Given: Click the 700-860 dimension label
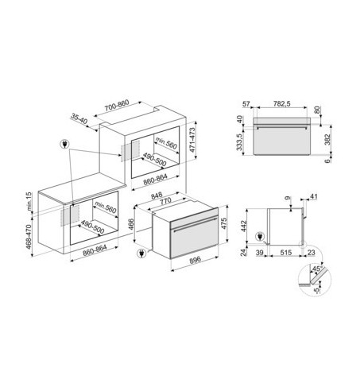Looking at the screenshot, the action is [x=117, y=106].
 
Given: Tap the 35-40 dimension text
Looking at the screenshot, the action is [x=79, y=118].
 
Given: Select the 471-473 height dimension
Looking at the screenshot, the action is [x=192, y=140].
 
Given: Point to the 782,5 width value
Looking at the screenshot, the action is [x=282, y=103].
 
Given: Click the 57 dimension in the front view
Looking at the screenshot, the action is [x=246, y=103].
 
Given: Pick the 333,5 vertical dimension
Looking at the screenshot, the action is [x=240, y=142].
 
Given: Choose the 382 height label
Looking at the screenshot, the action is [x=328, y=139].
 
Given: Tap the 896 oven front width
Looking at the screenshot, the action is [x=195, y=260].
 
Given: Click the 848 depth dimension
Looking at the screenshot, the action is [x=157, y=195].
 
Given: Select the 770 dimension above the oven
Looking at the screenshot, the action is [x=166, y=201].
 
